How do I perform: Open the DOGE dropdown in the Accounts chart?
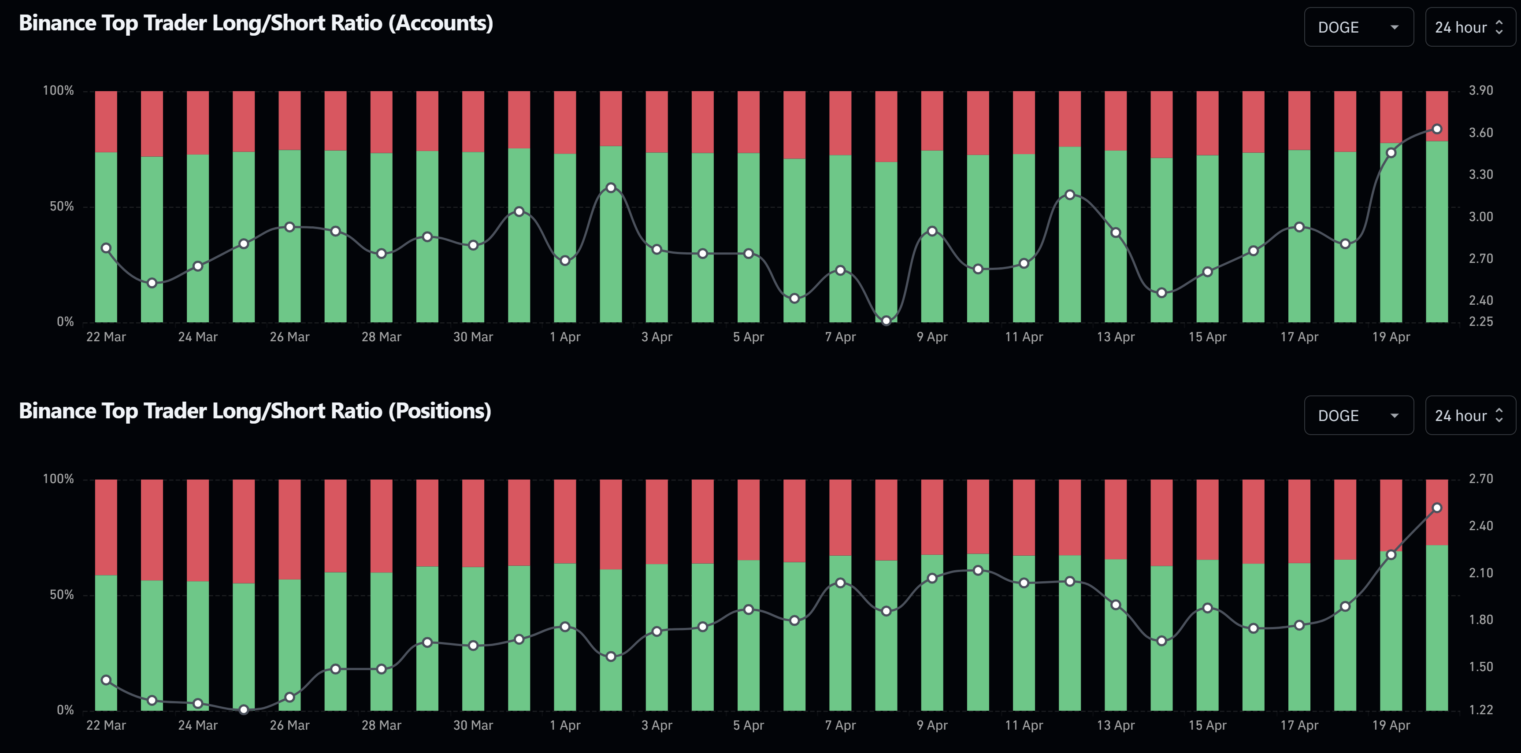(1358, 27)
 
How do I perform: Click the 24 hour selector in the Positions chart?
(1469, 415)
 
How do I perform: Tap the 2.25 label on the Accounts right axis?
(1480, 321)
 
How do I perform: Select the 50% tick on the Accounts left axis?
(61, 207)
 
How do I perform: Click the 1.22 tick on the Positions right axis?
(1480, 710)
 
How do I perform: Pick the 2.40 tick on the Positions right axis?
(1480, 526)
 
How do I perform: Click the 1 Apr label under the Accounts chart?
(565, 337)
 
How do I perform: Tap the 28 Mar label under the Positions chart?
(381, 725)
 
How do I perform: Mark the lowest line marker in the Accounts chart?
(886, 321)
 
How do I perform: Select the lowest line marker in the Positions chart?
(244, 709)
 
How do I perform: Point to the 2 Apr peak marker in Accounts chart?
(611, 188)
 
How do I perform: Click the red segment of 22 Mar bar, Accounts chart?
(106, 121)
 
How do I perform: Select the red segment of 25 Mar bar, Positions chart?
(244, 531)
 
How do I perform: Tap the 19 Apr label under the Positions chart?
(1391, 725)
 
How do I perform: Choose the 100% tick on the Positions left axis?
(58, 479)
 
